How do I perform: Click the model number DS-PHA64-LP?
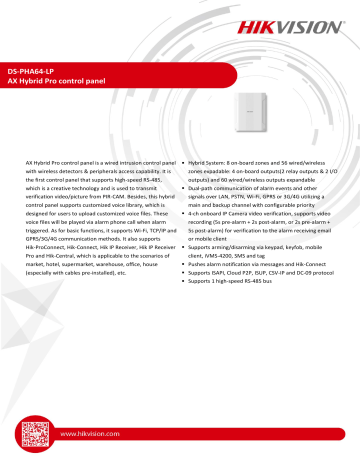[x=35, y=75]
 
